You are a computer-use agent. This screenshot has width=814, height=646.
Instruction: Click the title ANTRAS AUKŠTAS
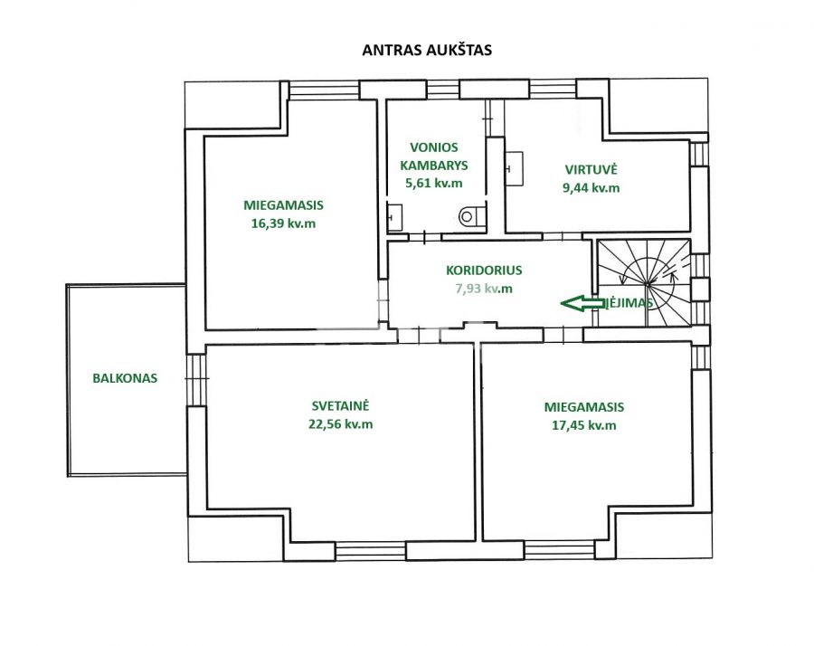click(427, 51)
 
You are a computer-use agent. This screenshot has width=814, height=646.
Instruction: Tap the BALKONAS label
click(125, 379)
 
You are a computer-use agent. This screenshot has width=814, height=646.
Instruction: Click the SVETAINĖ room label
click(341, 407)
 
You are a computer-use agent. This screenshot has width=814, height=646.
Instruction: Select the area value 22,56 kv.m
click(341, 423)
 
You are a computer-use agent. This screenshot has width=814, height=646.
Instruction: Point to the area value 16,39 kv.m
click(283, 222)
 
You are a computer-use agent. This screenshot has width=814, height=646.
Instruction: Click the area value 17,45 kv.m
click(583, 424)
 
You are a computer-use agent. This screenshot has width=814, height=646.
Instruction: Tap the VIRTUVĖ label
click(591, 169)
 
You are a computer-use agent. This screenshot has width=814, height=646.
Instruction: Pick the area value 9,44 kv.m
click(591, 187)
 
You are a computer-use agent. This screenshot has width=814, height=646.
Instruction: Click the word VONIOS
click(434, 147)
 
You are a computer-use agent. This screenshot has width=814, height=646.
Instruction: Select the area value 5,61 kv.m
click(434, 183)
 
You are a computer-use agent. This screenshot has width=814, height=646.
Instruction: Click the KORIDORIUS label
click(484, 270)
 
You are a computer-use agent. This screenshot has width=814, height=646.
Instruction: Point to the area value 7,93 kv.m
click(484, 289)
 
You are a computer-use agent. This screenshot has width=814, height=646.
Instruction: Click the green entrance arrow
click(582, 304)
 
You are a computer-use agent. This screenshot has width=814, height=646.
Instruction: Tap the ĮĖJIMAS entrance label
click(627, 303)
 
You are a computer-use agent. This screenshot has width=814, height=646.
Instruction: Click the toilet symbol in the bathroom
click(470, 216)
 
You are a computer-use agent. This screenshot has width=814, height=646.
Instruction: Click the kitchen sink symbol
click(514, 167)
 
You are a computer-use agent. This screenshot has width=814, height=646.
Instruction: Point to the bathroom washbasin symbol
click(394, 217)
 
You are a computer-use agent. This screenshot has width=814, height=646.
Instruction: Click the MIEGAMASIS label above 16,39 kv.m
click(283, 204)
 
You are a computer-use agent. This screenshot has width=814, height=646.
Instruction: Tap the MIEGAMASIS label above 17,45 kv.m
click(583, 407)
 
